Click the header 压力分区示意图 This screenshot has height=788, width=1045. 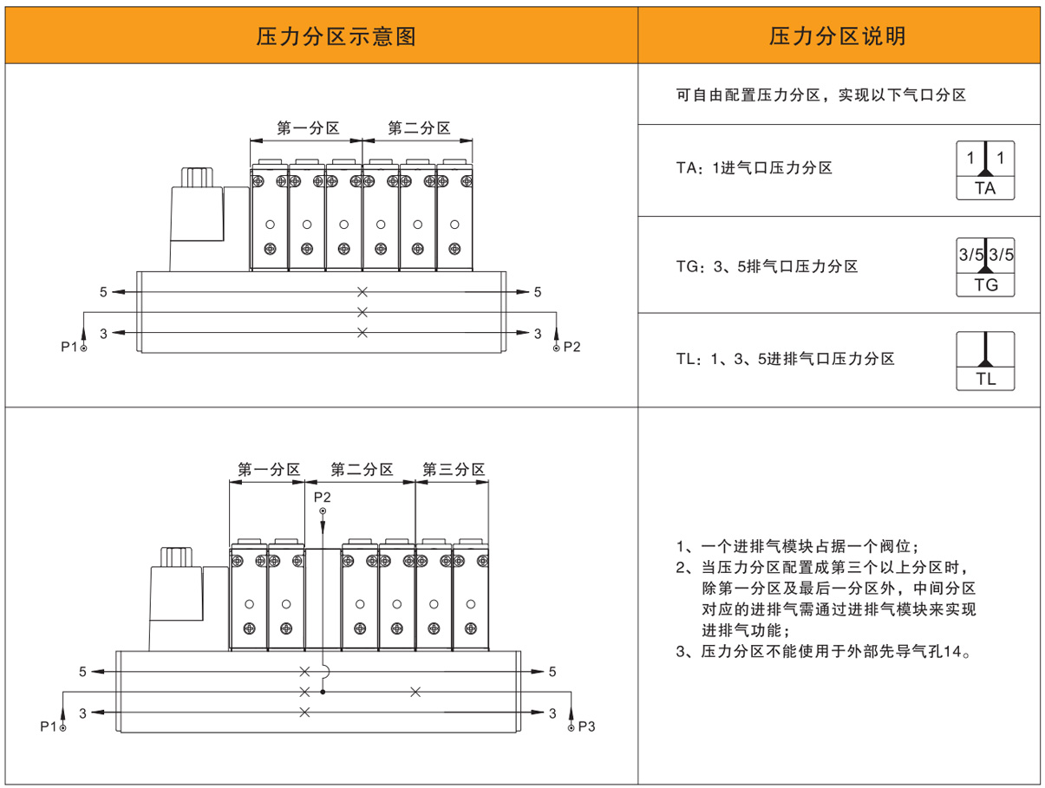click(x=336, y=36)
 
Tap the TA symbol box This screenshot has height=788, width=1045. click(x=985, y=170)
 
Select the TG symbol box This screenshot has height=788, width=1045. click(x=985, y=266)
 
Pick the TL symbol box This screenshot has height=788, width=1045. click(x=985, y=361)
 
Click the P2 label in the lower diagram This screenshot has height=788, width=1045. click(x=323, y=497)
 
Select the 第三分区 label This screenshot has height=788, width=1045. click(x=454, y=470)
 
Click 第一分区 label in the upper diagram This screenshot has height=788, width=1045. click(x=307, y=128)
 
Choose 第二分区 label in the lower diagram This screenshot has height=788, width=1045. click(x=362, y=470)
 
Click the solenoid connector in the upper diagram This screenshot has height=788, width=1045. click(x=196, y=212)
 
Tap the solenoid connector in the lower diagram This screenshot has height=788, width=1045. click(x=176, y=596)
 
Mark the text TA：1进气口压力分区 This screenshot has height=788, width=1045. click(x=754, y=168)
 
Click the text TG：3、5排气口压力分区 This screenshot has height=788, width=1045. click(x=767, y=267)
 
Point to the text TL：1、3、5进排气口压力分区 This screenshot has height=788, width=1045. click(x=785, y=359)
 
